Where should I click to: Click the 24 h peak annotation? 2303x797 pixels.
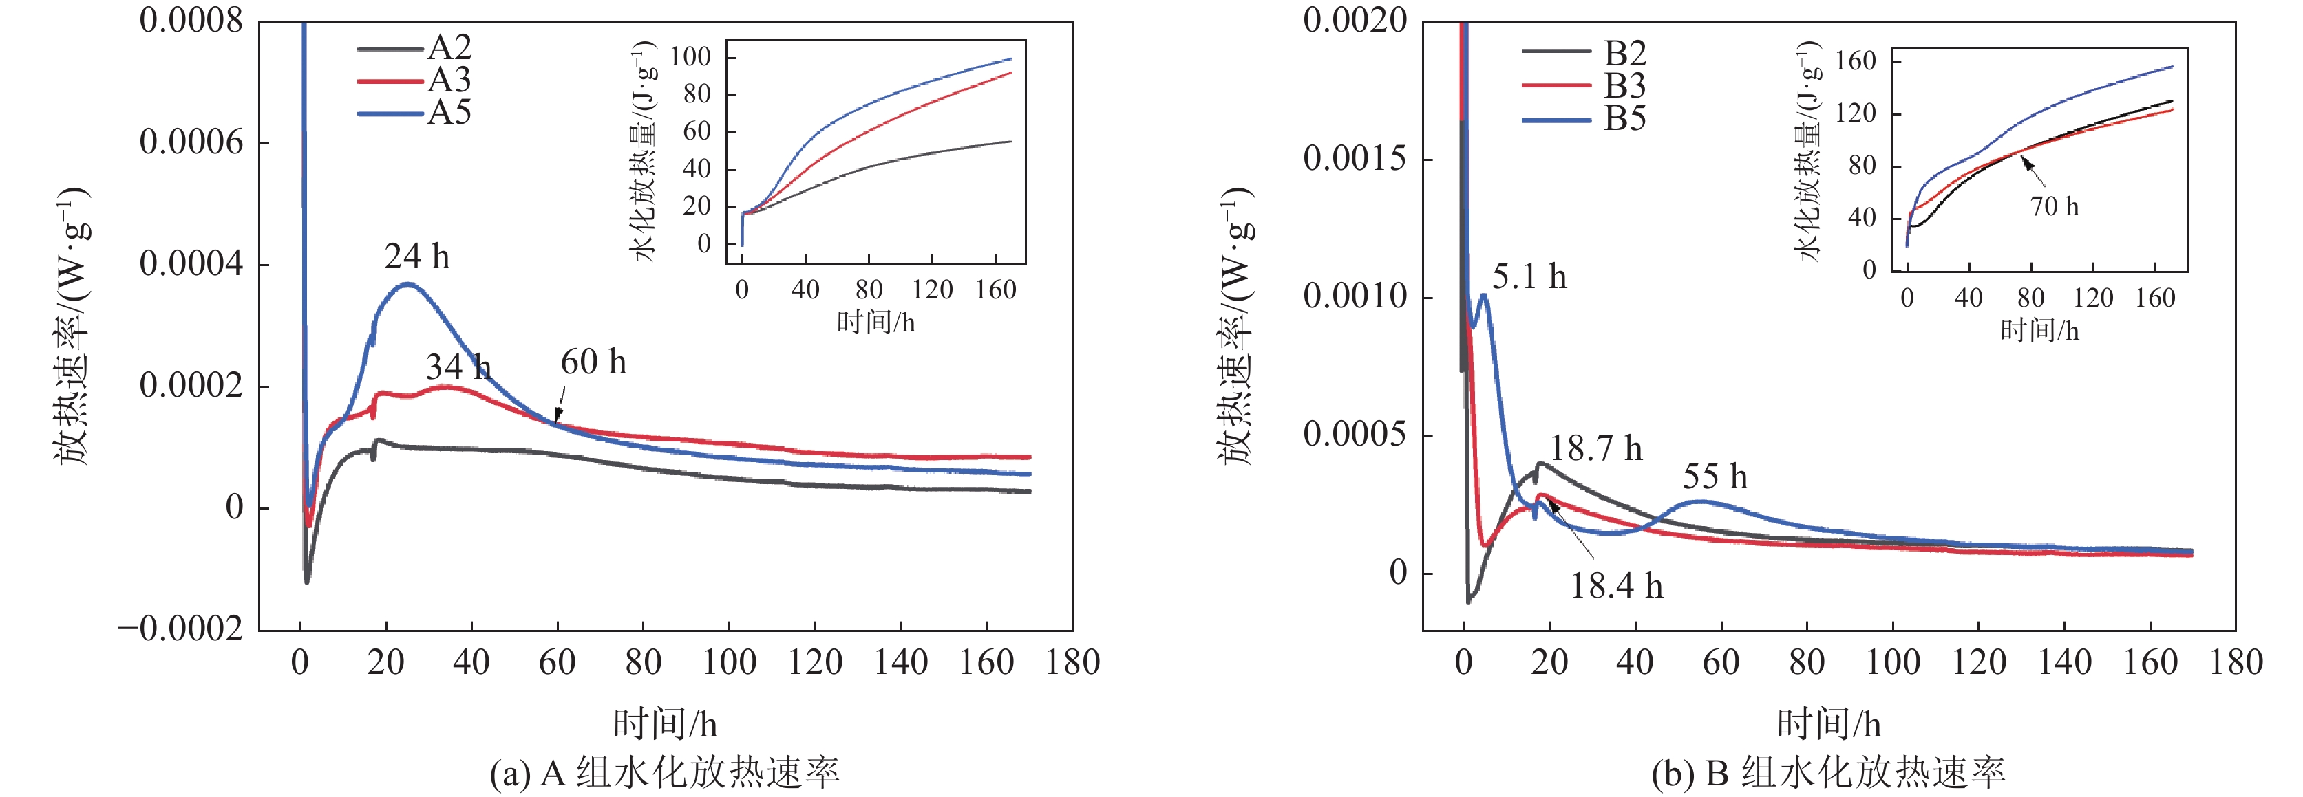coord(416,257)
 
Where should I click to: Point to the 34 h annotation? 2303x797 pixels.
coord(458,367)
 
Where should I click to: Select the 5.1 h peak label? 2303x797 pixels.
coord(1529,277)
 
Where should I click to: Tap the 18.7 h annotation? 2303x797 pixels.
coord(1596,448)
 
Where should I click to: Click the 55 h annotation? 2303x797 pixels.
coord(1715,477)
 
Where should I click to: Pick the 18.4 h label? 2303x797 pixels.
coord(1616,586)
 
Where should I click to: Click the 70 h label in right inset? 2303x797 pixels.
coord(2055,207)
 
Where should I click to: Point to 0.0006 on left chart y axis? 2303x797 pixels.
coord(191,142)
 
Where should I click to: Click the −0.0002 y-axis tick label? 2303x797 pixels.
coord(180,629)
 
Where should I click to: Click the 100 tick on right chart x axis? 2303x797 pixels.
coord(1893,663)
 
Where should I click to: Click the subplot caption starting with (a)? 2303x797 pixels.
coord(664,773)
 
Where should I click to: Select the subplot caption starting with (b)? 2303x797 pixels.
coord(1828,773)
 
